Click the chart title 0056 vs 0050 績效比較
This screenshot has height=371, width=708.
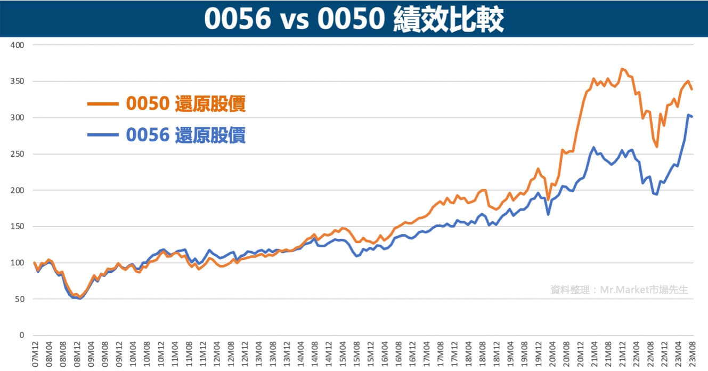[x=354, y=19]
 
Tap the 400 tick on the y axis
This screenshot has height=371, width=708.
[x=18, y=45]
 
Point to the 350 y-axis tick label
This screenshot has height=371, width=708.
[x=18, y=82]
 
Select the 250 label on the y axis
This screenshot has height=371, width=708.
[x=18, y=154]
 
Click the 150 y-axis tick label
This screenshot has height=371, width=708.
[x=18, y=227]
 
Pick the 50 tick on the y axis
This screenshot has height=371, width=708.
[x=20, y=299]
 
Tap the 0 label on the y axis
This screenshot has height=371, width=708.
[x=22, y=335]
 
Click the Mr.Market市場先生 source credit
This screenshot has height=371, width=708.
[x=619, y=290]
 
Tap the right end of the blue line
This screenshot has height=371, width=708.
[x=692, y=116]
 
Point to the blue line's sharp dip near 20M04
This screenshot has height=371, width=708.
[x=548, y=215]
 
